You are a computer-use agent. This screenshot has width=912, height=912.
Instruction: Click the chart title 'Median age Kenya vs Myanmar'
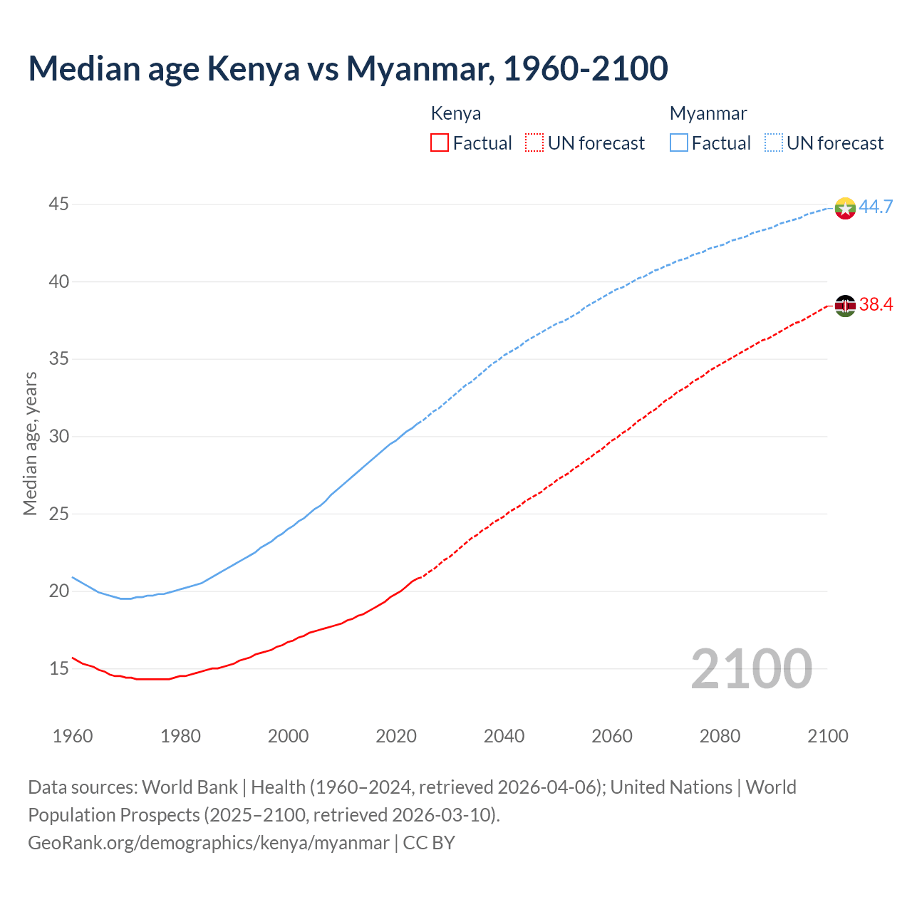point(348,68)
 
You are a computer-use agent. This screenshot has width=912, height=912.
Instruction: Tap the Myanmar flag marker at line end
point(845,208)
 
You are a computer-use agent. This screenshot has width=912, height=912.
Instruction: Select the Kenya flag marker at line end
point(845,306)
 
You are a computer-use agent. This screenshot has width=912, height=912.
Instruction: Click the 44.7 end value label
point(876,207)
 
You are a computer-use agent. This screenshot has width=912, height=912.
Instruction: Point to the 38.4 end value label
point(876,305)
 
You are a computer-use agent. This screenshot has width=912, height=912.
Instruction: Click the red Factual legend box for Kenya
point(440,143)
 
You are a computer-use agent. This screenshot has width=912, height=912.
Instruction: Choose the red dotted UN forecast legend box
point(534,143)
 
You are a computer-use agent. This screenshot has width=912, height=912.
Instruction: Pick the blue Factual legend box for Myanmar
point(679,143)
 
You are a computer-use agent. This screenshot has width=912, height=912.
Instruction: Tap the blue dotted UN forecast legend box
point(774,143)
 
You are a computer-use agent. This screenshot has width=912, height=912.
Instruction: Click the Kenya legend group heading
point(456,113)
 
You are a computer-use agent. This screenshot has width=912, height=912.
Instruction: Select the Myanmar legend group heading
point(708,113)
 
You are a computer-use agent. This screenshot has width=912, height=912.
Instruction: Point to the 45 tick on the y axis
point(58,204)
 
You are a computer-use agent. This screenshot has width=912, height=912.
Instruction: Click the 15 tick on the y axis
point(58,668)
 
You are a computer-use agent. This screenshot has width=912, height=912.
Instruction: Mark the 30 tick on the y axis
point(58,436)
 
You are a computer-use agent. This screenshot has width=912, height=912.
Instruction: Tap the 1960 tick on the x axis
point(73,736)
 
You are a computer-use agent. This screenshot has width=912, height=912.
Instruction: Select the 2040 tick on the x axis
point(504,736)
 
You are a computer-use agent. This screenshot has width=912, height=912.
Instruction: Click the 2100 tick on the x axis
point(827,736)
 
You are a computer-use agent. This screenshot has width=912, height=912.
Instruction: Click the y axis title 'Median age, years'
point(30,443)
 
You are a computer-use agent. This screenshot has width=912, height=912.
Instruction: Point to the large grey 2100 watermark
point(751,669)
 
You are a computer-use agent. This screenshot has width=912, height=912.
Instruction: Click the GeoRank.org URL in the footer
point(209,843)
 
